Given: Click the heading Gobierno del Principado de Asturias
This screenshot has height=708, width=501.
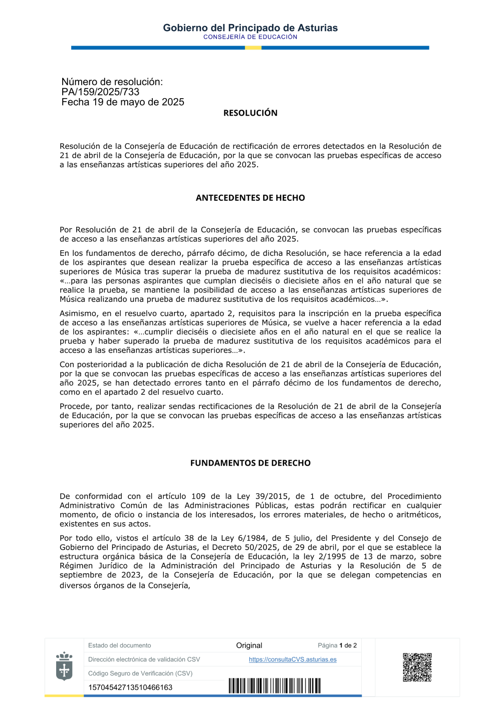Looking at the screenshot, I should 250,28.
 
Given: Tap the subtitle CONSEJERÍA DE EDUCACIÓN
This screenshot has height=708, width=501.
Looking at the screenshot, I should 250,37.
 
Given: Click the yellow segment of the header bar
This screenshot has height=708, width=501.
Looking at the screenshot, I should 253,48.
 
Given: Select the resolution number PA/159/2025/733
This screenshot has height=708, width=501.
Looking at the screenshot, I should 100,92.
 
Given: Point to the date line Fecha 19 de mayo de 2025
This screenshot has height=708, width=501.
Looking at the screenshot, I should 123,102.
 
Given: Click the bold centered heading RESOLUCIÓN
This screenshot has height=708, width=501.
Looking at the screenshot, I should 250,113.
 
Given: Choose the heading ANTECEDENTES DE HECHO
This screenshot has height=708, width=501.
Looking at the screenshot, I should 250,198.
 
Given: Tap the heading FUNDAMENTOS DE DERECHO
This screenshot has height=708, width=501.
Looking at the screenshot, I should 250,463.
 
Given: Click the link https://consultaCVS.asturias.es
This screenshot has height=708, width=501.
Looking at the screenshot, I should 293,659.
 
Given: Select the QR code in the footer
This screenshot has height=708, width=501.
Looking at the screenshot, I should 417,667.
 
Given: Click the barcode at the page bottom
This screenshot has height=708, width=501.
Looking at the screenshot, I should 275,686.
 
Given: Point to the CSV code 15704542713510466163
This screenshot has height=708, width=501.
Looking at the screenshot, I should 130,687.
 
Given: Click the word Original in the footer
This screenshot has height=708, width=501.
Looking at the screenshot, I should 249,645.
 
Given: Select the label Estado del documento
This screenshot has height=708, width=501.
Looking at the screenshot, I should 119,645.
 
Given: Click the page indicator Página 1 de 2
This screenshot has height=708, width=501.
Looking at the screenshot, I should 337,645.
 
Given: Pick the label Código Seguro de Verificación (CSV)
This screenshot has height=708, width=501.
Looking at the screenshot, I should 140,673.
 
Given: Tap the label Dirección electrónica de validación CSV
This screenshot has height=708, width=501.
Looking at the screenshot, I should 144,659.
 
